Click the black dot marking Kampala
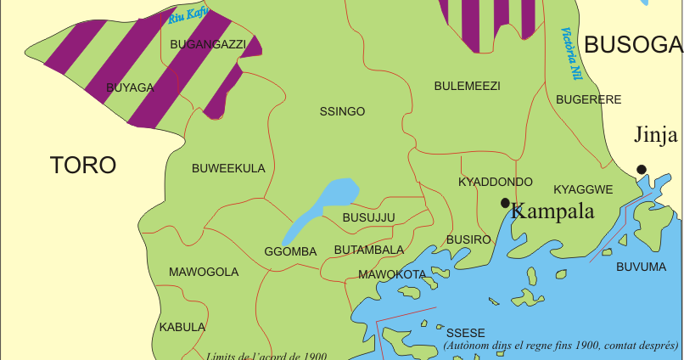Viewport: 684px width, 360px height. point(505,203)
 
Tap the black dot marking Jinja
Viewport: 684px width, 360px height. point(642,169)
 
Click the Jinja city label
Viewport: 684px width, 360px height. point(656,135)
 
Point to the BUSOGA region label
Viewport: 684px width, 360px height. point(633,45)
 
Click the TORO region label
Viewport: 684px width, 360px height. point(82,165)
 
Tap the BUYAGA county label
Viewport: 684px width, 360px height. point(130,87)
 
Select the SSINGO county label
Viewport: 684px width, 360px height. point(342,111)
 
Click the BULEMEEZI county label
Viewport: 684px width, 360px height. point(467,86)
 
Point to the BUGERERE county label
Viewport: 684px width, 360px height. point(589,99)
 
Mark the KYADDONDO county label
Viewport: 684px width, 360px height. point(495,182)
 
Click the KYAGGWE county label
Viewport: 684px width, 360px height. point(583,188)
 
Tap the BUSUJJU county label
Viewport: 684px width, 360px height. point(368,218)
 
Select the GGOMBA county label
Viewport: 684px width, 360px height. point(290,252)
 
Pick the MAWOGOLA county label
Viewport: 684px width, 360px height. point(204,272)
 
